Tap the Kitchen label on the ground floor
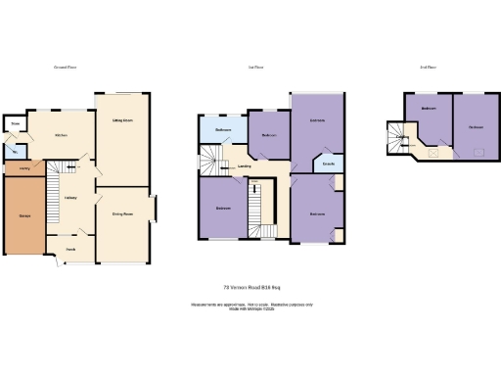[x=60, y=134]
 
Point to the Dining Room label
[x=122, y=212]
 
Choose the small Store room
[x=15, y=124]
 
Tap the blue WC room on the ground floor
[x=15, y=152]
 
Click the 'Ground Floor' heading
[x=66, y=68]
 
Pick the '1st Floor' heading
[x=257, y=68]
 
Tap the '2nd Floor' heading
[x=427, y=68]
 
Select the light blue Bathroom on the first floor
[x=222, y=129]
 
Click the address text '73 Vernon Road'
[x=251, y=287]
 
